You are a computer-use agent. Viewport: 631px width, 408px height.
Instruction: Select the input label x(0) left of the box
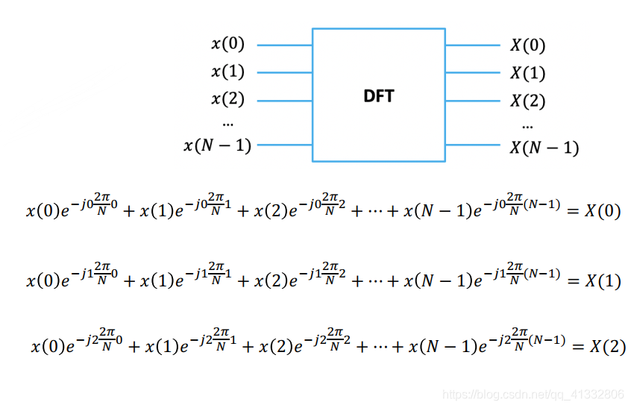[x=227, y=45]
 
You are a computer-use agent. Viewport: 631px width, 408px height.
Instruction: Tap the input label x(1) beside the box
[x=227, y=72]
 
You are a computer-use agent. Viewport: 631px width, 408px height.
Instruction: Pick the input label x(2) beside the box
[x=227, y=99]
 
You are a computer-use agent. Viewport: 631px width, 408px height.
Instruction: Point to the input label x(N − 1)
[x=217, y=145]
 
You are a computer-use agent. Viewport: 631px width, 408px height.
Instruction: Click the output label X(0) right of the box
[x=528, y=45]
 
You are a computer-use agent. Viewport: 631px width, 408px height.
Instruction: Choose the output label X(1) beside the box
[x=528, y=73]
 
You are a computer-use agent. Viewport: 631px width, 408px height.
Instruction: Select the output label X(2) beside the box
[x=528, y=101]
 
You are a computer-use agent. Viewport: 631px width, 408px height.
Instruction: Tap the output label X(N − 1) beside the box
[x=544, y=147]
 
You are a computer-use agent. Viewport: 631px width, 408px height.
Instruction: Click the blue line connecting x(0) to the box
[x=284, y=45]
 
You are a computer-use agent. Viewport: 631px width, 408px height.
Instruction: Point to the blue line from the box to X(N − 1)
[x=473, y=144]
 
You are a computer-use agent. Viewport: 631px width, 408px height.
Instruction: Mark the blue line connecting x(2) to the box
[x=284, y=100]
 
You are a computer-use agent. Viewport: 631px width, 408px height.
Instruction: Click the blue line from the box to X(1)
[x=473, y=72]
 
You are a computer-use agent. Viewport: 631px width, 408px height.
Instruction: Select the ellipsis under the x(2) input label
[x=227, y=122]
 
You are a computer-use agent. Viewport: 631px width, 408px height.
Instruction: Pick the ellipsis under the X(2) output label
[x=528, y=125]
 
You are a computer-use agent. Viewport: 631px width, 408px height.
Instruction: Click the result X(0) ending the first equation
[x=602, y=211]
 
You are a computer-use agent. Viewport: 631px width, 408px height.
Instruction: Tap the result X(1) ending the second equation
[x=602, y=281]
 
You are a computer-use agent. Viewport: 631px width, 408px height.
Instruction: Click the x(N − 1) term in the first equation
[x=436, y=212]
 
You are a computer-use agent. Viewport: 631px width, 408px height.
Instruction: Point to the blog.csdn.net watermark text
[x=533, y=394]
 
